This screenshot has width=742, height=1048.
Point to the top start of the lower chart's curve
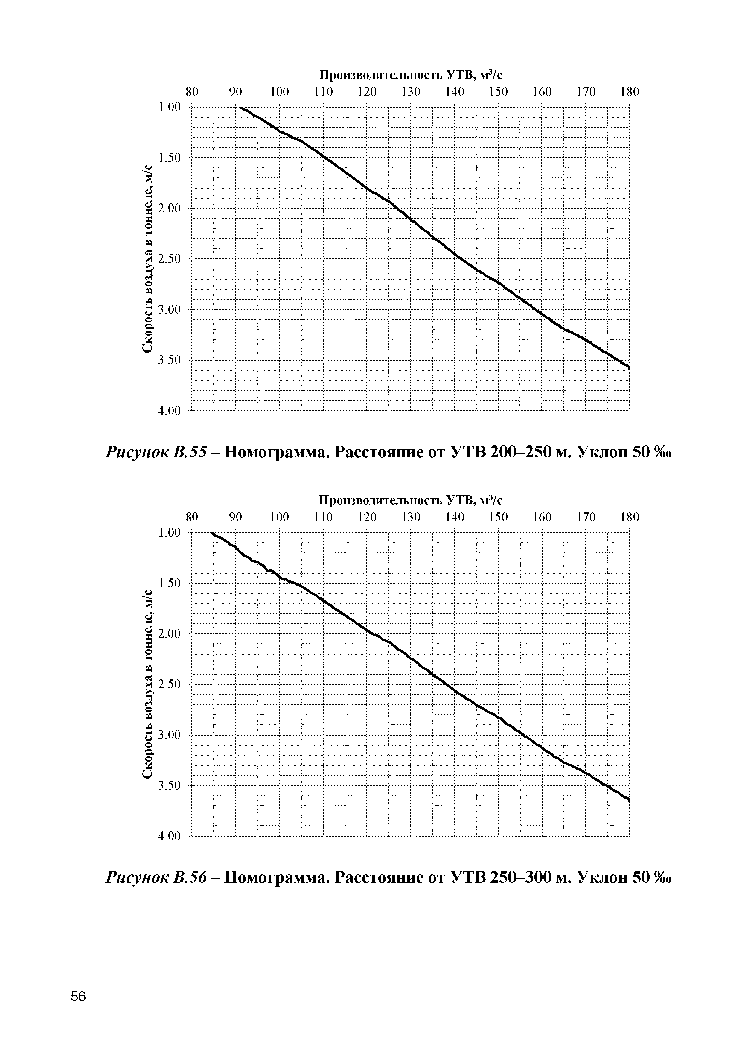click(211, 533)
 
